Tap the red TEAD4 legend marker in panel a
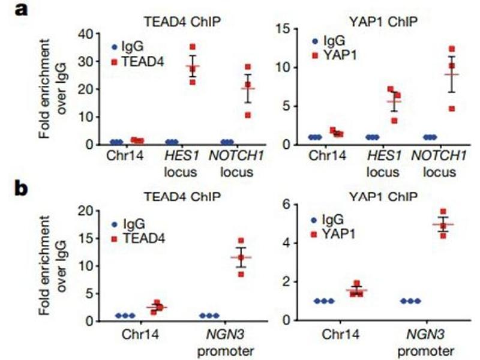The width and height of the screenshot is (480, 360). (x=113, y=60)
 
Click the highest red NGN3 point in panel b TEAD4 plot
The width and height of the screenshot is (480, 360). (x=241, y=241)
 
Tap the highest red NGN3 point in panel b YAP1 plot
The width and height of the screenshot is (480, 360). (x=443, y=211)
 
